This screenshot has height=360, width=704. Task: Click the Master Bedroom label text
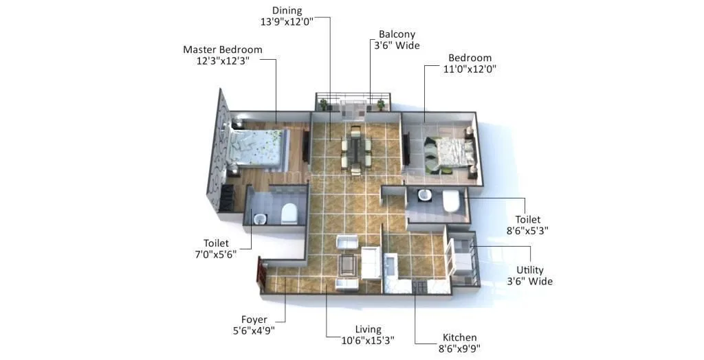(222, 49)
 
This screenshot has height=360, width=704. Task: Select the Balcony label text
(397, 34)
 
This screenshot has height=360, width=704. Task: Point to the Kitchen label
(459, 337)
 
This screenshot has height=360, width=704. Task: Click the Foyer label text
(254, 319)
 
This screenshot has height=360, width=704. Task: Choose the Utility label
(529, 271)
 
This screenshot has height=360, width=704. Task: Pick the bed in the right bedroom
(448, 153)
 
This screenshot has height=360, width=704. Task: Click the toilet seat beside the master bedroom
(289, 213)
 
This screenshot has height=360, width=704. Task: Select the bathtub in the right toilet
(451, 201)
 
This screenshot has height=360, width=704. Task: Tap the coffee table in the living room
(348, 264)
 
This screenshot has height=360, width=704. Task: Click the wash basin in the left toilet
(259, 219)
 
